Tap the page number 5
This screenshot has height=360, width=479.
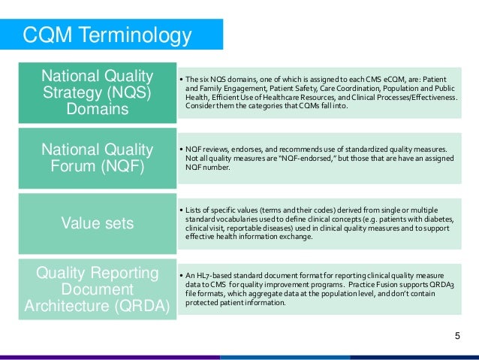tap(457, 335)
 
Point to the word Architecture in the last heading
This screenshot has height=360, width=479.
tap(72, 305)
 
